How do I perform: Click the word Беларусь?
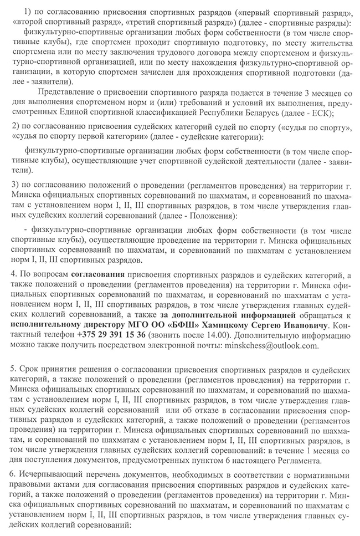[x=276, y=113]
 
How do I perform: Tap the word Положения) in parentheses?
[x=215, y=216]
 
